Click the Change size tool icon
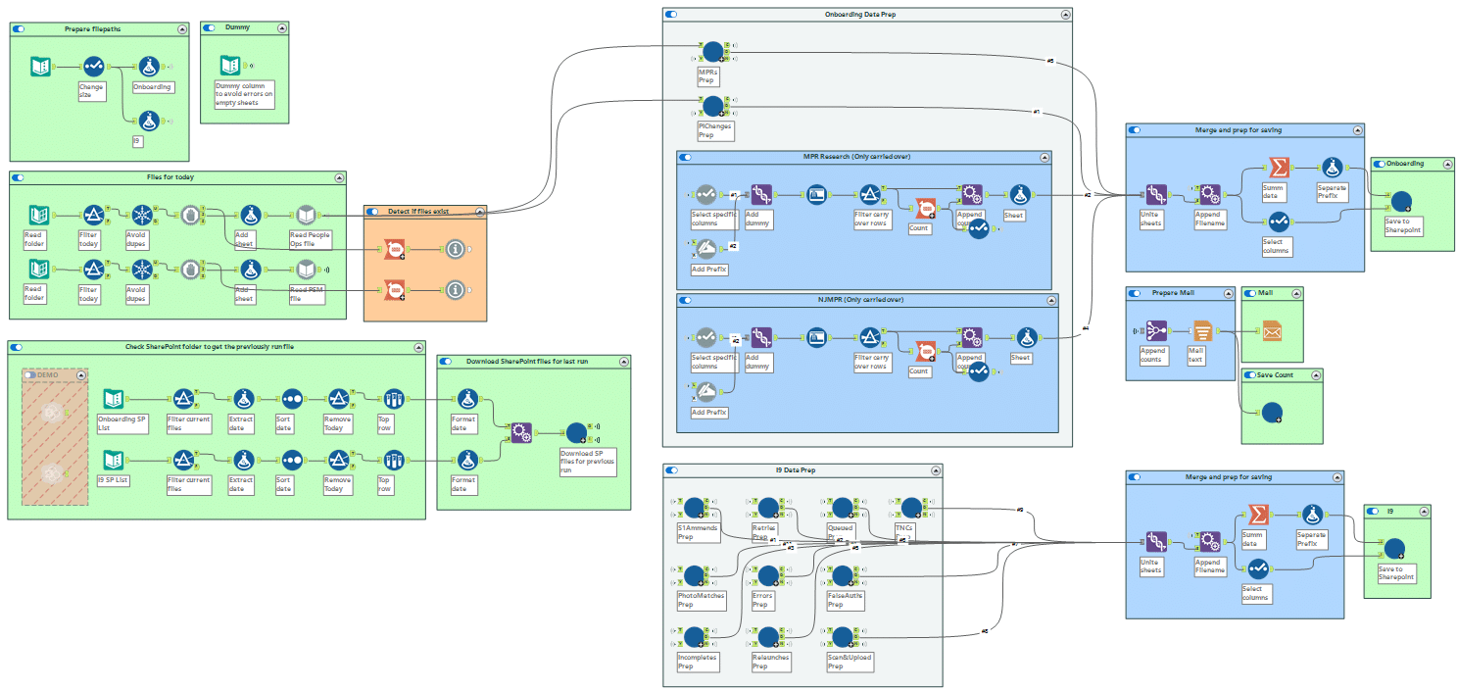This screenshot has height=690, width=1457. [93, 67]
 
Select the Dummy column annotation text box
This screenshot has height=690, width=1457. [244, 94]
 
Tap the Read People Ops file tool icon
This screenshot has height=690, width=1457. [306, 215]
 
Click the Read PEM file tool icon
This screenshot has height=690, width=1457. [306, 269]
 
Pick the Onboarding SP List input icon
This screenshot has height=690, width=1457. [113, 399]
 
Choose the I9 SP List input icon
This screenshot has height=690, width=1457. [113, 460]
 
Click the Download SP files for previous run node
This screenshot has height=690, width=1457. [577, 432]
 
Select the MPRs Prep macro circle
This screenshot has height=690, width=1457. [712, 51]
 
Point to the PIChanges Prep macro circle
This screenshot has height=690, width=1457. [712, 105]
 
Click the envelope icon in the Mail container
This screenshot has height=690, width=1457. [1272, 331]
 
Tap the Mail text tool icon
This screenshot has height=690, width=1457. [1202, 331]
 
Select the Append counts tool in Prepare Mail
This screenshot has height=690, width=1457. [1156, 331]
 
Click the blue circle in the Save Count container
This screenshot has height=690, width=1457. [1271, 414]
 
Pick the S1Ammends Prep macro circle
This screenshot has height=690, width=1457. [695, 508]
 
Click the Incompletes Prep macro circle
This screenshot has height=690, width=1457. [695, 637]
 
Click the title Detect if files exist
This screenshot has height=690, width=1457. [418, 212]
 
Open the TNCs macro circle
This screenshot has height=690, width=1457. [912, 508]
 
